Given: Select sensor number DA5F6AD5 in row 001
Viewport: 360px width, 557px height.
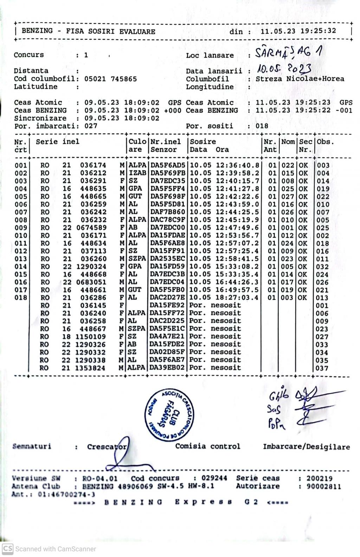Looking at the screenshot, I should pos(168,165).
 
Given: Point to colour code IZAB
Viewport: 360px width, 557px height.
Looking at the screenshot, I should pos(137,173).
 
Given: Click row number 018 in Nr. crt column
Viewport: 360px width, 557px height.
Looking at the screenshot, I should pos(21,298).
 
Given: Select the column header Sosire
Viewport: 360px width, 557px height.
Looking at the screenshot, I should pos(203,142).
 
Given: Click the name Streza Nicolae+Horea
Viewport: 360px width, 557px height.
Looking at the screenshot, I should pos(300,79).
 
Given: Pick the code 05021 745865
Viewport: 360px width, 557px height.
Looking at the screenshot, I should pos(110,79).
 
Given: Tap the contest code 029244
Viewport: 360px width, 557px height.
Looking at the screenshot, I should pos(214,478).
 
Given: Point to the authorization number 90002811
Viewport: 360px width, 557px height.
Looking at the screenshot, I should pos(323,486).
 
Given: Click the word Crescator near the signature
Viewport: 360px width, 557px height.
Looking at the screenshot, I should pos(107,447).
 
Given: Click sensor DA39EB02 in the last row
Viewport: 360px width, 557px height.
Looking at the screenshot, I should pos(167,368).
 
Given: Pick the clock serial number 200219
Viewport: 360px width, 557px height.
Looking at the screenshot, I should pos(319,478).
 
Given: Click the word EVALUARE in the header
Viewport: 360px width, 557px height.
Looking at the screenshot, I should pos(137,31).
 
